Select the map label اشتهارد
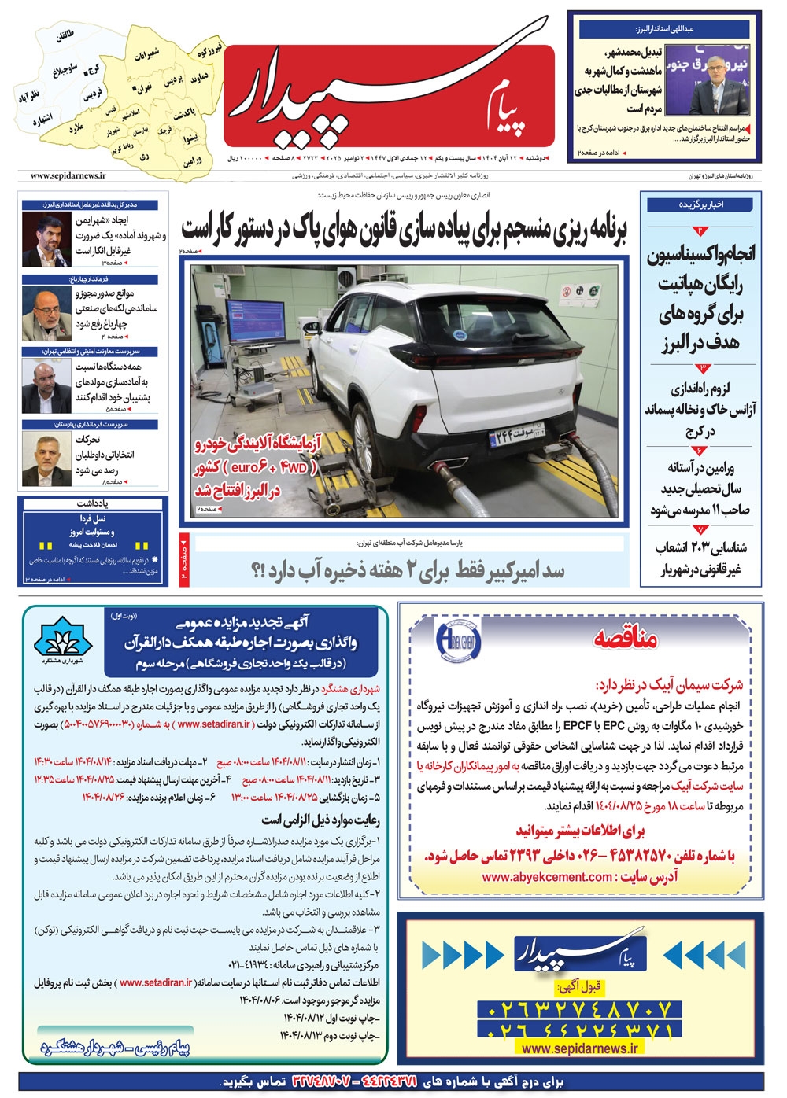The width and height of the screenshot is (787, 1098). pyautogui.click(x=42, y=121)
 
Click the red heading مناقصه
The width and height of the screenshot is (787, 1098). pyautogui.click(x=626, y=639)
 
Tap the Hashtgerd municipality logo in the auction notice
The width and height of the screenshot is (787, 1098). pyautogui.click(x=63, y=647)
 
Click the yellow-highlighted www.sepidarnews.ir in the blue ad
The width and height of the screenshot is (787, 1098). pyautogui.click(x=580, y=1048)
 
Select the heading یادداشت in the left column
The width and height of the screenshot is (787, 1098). pyautogui.click(x=93, y=503)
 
